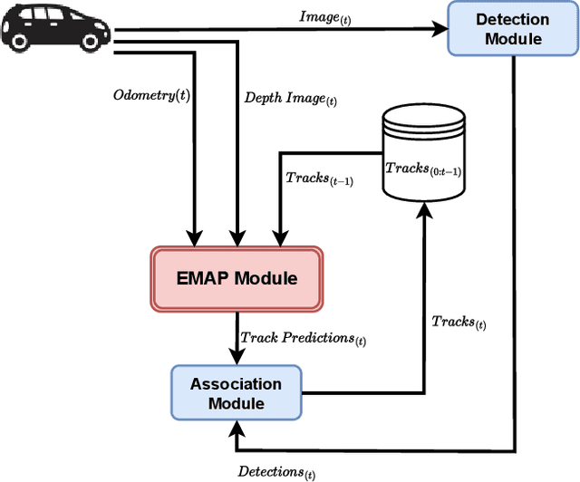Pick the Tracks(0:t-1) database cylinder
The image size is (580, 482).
(x=424, y=151)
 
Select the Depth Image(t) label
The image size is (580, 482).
(x=285, y=97)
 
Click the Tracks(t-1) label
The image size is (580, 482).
(x=319, y=179)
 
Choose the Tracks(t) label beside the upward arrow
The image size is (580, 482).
(x=459, y=322)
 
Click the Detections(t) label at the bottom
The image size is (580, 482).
(x=276, y=471)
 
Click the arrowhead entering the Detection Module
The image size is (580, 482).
(x=441, y=29)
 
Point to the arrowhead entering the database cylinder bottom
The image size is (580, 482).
(x=424, y=207)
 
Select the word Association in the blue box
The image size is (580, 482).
(x=236, y=384)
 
